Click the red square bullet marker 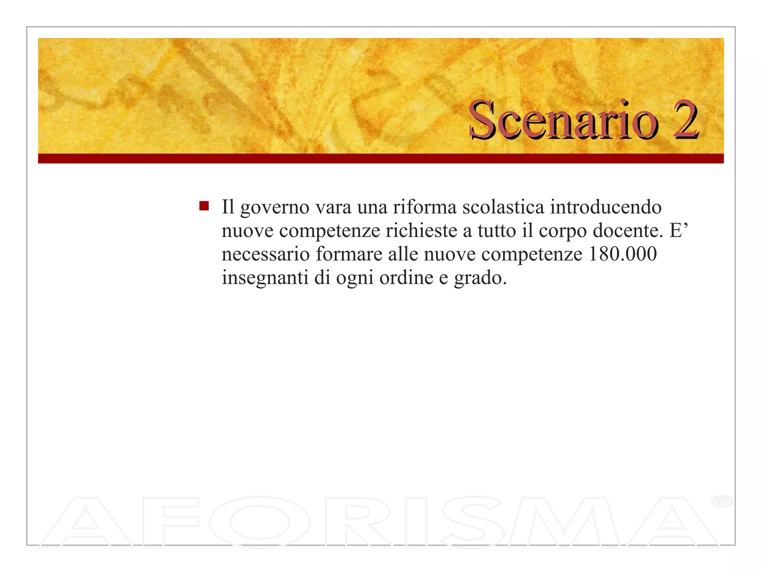204,206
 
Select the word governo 275,208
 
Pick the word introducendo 606,207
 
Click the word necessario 266,254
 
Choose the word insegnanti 265,278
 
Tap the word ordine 406,277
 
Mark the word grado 480,278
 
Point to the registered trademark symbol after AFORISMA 721,501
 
